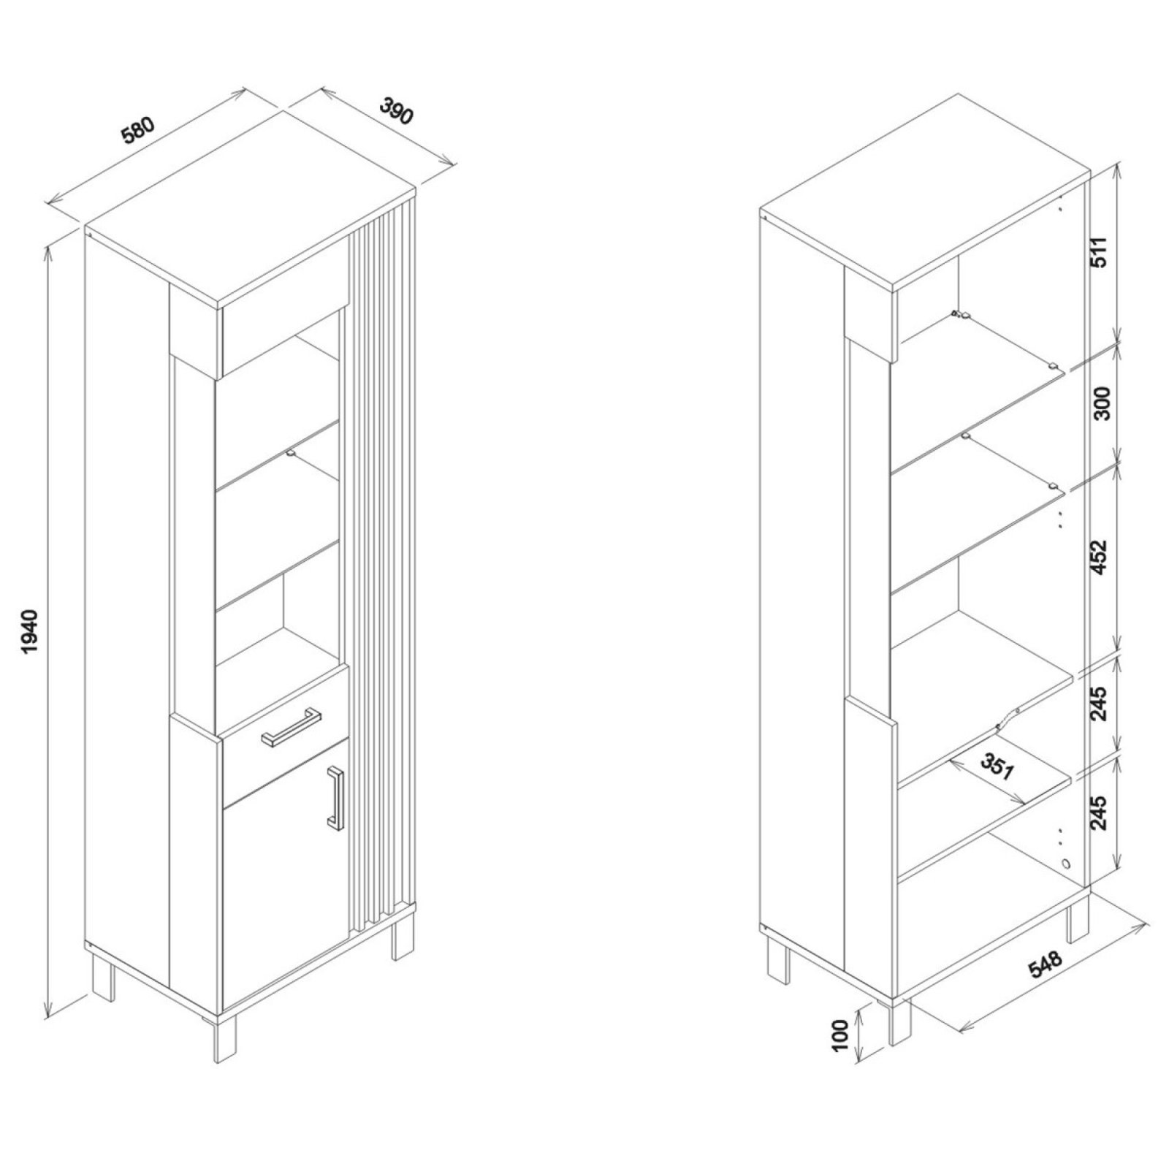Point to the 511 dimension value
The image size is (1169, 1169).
coord(1101,252)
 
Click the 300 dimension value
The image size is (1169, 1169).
coord(1101,403)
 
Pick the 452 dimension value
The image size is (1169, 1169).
coord(1101,557)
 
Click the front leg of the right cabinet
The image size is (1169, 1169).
coord(900,1021)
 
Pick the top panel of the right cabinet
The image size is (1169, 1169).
coord(924,194)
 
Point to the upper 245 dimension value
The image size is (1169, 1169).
coord(1101,704)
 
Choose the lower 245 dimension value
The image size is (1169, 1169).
coord(1101,810)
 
